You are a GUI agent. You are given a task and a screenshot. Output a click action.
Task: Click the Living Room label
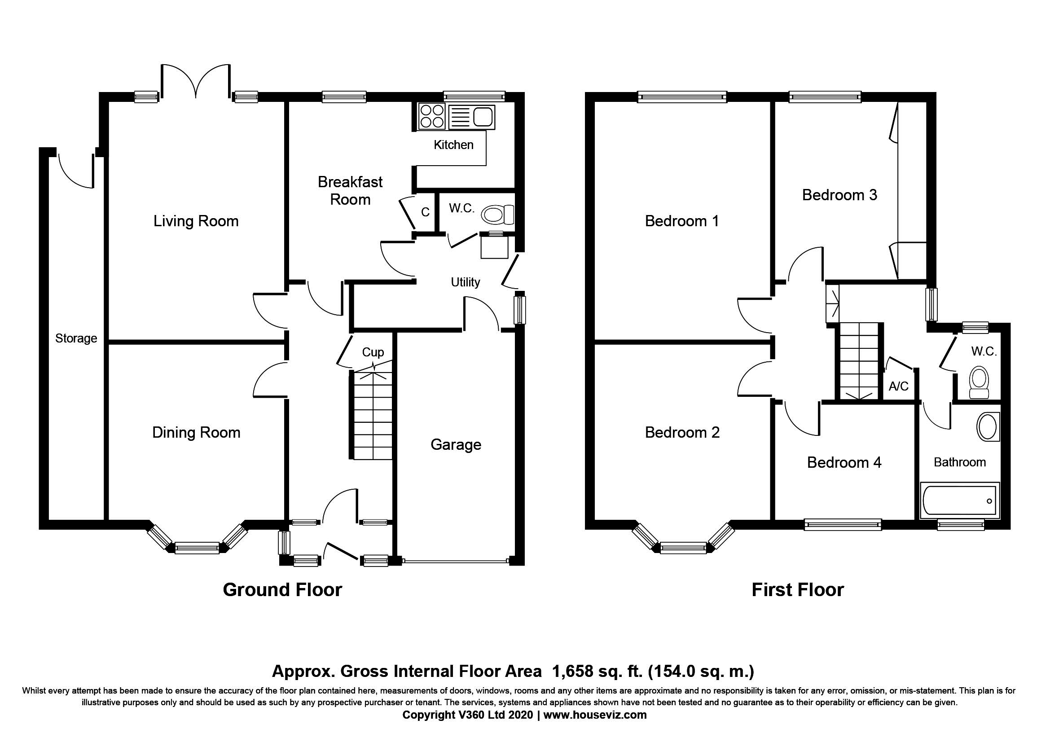click(x=196, y=221)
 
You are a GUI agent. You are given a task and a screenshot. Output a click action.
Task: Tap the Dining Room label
click(x=196, y=432)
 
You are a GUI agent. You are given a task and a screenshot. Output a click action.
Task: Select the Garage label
click(x=456, y=444)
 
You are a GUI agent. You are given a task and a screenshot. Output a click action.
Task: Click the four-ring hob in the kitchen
click(x=432, y=116)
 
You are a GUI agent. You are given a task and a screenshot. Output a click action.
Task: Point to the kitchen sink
click(x=471, y=116)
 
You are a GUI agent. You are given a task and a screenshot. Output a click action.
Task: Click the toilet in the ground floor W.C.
click(x=498, y=215)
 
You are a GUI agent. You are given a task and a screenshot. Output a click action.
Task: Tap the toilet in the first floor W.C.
click(x=979, y=383)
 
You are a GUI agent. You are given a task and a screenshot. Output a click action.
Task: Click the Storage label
click(x=76, y=338)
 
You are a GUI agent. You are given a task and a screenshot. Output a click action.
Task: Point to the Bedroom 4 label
click(x=844, y=462)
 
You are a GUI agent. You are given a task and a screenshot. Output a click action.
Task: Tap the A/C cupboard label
click(x=898, y=387)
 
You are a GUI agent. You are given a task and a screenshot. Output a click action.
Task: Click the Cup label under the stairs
click(x=373, y=352)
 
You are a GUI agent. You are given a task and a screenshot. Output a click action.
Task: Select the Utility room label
click(x=466, y=282)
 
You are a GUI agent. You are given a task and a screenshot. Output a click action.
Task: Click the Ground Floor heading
click(x=282, y=590)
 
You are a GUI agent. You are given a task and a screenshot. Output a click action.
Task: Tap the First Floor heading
click(x=798, y=590)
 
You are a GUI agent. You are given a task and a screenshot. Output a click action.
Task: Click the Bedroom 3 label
click(x=839, y=195)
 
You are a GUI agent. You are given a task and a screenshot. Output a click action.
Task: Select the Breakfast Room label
click(x=350, y=191)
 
